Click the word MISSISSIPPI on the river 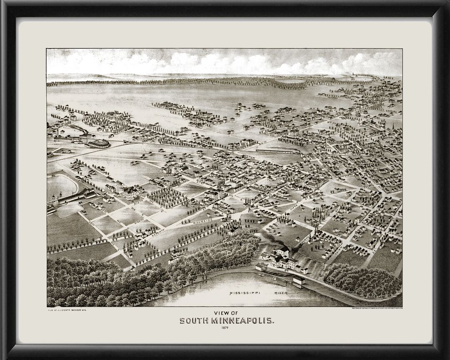pos(245,293)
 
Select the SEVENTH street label pos(159,230)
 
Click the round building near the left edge pos(97,144)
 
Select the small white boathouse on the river pos(299,282)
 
